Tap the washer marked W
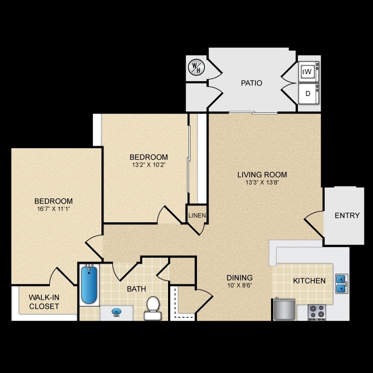[308, 72]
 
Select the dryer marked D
[308, 93]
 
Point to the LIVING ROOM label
[262, 175]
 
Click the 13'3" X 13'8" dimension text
[262, 182]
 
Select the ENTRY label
[347, 215]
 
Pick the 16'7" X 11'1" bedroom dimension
[53, 209]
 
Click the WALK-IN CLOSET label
[44, 302]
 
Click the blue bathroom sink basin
[117, 312]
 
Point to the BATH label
[136, 288]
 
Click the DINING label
[240, 278]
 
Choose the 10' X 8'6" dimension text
[240, 285]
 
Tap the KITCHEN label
[309, 280]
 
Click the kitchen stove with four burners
[316, 312]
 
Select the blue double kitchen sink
[341, 283]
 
